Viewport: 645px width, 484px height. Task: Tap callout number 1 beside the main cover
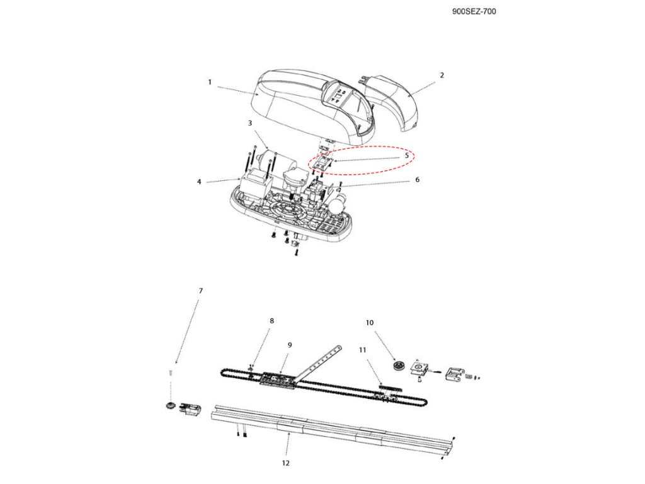pyautogui.click(x=210, y=82)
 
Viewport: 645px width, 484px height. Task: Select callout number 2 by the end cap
pyautogui.click(x=442, y=75)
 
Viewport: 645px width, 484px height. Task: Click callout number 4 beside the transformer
pyautogui.click(x=199, y=182)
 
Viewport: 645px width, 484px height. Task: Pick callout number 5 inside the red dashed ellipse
pyautogui.click(x=407, y=154)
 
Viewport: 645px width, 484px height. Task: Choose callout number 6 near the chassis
pyautogui.click(x=416, y=180)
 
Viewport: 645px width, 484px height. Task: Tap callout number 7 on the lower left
pyautogui.click(x=201, y=291)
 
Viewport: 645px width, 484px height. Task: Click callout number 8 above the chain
pyautogui.click(x=271, y=321)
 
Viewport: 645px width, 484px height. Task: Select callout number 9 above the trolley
pyautogui.click(x=290, y=345)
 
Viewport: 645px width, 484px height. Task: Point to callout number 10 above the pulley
pyautogui.click(x=370, y=322)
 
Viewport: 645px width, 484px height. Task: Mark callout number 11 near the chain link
pyautogui.click(x=363, y=349)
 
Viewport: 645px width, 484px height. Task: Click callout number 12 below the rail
pyautogui.click(x=286, y=463)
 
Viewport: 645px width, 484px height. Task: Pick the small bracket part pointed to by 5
pyautogui.click(x=322, y=162)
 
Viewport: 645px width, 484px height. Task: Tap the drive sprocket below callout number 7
pyautogui.click(x=169, y=405)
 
